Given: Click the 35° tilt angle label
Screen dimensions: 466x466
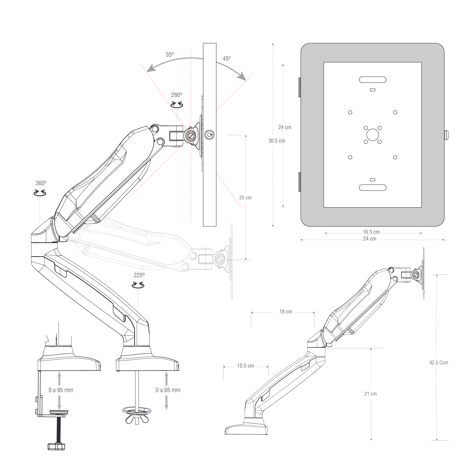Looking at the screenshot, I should [170, 54].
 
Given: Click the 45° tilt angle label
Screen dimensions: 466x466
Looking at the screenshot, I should [226, 59].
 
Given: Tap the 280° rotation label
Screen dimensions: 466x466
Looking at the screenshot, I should [176, 95].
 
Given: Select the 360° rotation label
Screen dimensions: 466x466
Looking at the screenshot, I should [41, 183].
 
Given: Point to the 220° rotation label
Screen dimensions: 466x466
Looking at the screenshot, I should [139, 275].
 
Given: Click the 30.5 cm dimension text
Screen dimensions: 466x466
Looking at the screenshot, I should [277, 141].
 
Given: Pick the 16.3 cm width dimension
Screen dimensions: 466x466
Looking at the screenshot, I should [371, 232].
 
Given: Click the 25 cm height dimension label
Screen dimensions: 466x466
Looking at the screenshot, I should [245, 197].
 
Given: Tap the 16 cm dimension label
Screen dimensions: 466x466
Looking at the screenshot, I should [286, 312].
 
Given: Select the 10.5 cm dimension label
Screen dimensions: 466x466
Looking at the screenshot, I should [245, 366].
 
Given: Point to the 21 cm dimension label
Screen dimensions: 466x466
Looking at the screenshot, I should [370, 394].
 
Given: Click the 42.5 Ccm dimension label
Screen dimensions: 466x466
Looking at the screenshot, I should [439, 363].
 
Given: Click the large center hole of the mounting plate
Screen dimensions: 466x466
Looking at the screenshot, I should [373, 135].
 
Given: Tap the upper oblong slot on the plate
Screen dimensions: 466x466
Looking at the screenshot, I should [373, 80].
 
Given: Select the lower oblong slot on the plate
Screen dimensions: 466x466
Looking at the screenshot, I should [373, 188].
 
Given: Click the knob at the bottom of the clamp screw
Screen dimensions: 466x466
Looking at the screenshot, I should [56, 446].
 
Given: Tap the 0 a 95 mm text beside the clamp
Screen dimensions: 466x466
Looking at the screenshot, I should [61, 390].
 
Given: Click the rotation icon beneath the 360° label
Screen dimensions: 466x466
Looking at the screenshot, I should [40, 193].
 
